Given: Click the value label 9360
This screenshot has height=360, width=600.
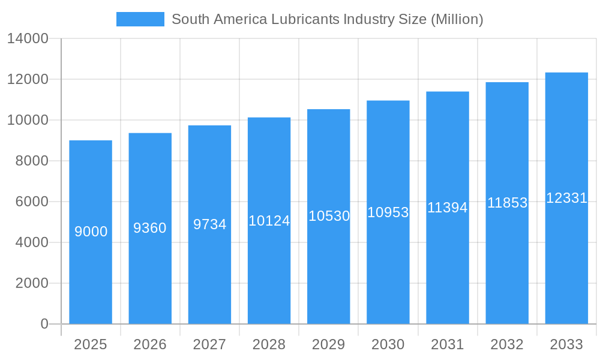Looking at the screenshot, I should point(150,228).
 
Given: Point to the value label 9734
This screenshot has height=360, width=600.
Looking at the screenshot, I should point(209,224).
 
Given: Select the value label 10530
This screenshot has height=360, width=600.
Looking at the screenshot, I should point(329,216).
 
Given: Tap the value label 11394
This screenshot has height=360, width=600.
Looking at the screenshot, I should point(448,208).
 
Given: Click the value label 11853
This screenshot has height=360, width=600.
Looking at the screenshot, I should point(507,203).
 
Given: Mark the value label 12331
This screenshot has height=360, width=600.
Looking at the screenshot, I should point(566,198).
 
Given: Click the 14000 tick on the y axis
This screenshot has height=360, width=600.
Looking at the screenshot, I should point(28,39).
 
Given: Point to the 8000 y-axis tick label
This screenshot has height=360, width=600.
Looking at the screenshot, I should point(31,161).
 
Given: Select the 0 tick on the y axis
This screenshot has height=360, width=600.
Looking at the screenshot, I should point(44,324).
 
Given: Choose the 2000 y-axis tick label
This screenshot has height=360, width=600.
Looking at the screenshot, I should point(31,283).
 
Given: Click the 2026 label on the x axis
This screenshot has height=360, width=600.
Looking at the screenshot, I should point(150,344).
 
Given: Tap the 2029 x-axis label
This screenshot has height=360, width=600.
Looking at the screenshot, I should point(329,344).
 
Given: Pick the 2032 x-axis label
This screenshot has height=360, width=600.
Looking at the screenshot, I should point(507,344).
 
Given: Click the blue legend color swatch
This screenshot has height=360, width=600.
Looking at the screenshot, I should point(140,19).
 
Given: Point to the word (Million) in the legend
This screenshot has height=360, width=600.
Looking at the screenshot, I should point(457,19).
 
